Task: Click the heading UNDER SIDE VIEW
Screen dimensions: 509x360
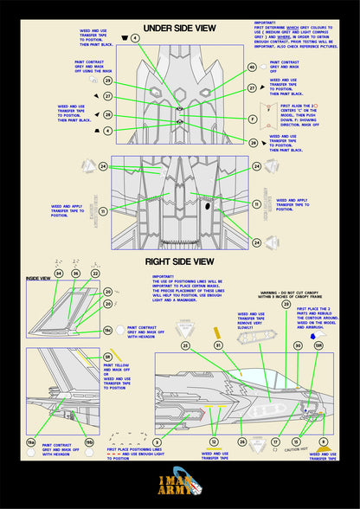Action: point(179,28)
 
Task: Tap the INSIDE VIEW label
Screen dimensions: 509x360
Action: point(39,278)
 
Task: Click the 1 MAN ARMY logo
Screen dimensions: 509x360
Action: point(179,486)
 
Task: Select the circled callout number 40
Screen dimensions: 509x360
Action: point(253,67)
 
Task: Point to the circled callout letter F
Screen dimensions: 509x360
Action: point(253,119)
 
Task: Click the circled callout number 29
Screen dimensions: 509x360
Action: point(108,81)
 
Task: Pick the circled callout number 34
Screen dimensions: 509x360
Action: point(58,274)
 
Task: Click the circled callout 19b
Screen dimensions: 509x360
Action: point(89,443)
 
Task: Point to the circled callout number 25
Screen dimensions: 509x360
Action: point(185,345)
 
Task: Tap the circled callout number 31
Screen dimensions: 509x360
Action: point(218,345)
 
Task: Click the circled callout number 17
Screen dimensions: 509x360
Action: point(274,442)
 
